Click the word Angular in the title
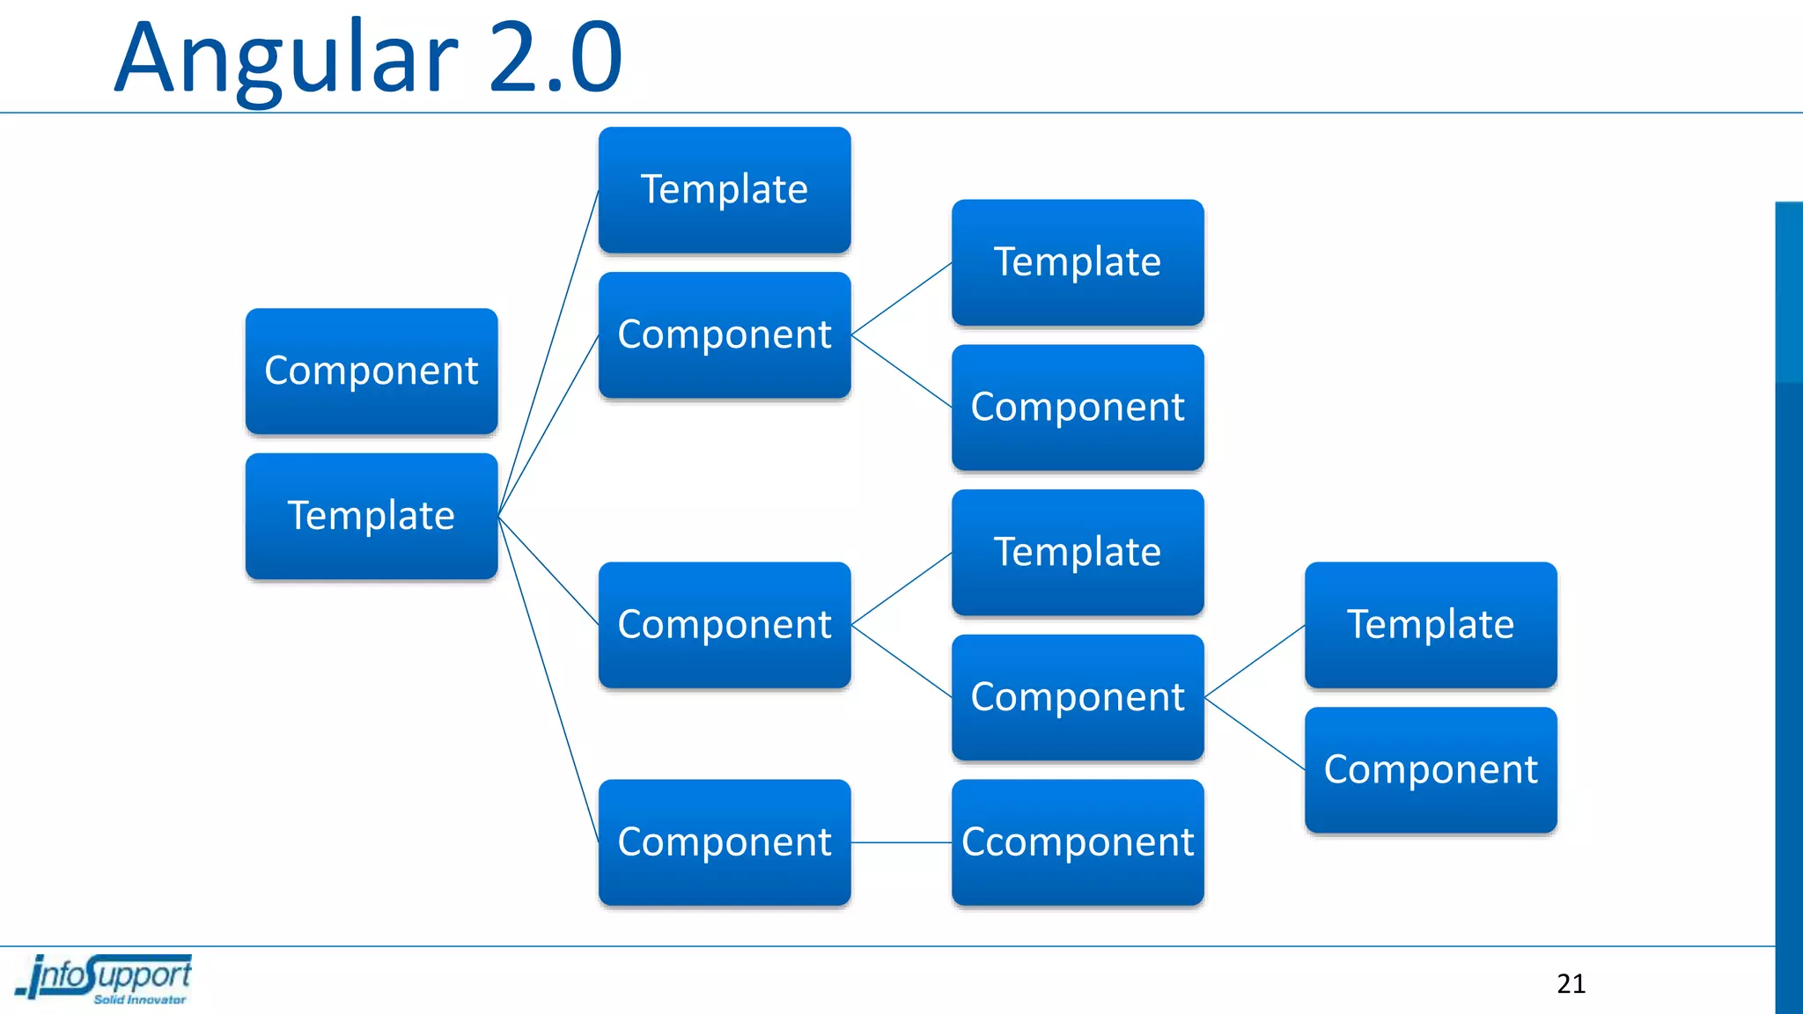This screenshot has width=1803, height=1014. pyautogui.click(x=286, y=60)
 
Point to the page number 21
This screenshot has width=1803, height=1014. pyautogui.click(x=1571, y=983)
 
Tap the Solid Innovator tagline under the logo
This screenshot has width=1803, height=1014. pyautogui.click(x=139, y=1000)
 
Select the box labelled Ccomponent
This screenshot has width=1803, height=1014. pyautogui.click(x=1078, y=842)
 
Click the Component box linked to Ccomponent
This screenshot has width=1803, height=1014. pyautogui.click(x=725, y=842)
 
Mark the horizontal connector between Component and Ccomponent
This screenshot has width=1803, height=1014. pyautogui.click(x=901, y=842)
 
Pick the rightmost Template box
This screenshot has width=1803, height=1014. pyautogui.click(x=1431, y=625)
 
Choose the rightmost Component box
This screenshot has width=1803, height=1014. pyautogui.click(x=1431, y=770)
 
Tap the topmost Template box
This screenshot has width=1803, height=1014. pyautogui.click(x=725, y=190)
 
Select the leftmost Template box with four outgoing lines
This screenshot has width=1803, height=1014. pyautogui.click(x=372, y=516)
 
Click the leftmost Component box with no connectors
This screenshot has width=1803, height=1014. pyautogui.click(x=372, y=371)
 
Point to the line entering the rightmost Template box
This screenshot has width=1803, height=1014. pyautogui.click(x=1255, y=661)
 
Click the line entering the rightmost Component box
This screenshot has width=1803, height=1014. pyautogui.click(x=1255, y=734)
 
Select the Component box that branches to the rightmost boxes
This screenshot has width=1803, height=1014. pyautogui.click(x=1078, y=697)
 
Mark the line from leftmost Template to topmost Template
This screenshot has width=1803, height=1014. pyautogui.click(x=548, y=352)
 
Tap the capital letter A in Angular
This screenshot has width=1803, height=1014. pyautogui.click(x=147, y=60)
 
